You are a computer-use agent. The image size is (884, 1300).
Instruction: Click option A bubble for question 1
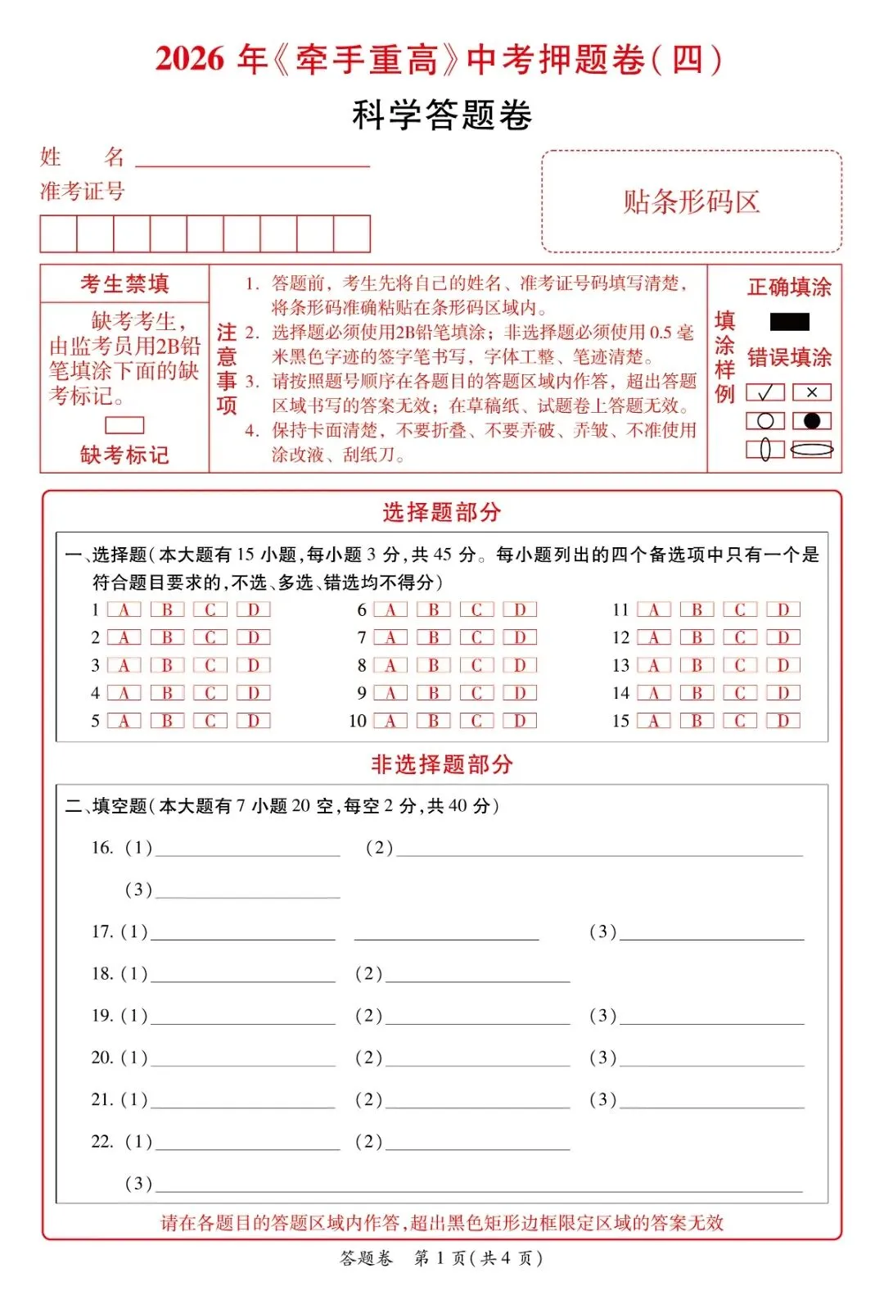click(x=124, y=609)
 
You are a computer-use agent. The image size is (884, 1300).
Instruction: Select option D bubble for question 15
click(x=783, y=721)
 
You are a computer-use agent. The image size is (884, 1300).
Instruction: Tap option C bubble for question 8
click(x=476, y=665)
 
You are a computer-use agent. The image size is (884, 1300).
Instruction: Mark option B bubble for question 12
click(x=697, y=637)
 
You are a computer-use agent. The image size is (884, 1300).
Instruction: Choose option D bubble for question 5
click(x=253, y=721)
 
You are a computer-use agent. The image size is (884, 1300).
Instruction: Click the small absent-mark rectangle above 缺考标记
click(x=124, y=425)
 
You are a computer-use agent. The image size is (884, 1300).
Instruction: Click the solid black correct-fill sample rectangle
click(x=789, y=322)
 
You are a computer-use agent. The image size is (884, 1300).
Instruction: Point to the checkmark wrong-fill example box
click(x=765, y=392)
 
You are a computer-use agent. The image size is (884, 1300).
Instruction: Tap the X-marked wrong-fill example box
click(x=812, y=392)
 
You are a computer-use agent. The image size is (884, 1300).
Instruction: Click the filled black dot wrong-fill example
click(x=812, y=421)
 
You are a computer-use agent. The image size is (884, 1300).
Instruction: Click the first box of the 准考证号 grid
click(x=58, y=234)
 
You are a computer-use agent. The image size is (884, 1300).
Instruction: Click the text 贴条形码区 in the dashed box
click(x=692, y=202)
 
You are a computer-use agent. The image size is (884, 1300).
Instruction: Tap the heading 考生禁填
click(x=124, y=284)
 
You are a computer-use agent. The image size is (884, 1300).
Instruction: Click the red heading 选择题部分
click(x=441, y=513)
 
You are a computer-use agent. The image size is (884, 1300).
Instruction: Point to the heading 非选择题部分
click(x=441, y=764)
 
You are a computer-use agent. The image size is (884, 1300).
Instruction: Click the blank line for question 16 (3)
click(x=247, y=891)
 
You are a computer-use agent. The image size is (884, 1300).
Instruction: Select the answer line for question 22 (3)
click(x=479, y=1184)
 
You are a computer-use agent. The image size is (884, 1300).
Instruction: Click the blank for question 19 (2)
click(x=477, y=1017)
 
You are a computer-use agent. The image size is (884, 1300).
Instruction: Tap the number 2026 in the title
click(x=189, y=59)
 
